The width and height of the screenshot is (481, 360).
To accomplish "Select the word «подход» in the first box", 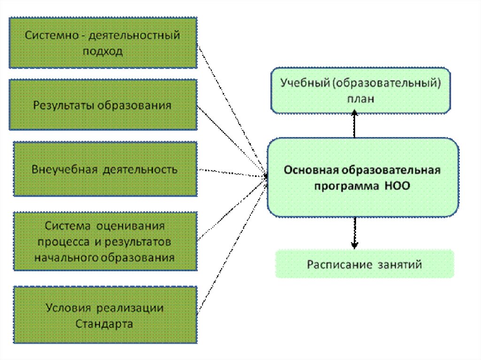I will pyautogui.click(x=103, y=51).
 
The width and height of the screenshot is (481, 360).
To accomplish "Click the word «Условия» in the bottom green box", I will pyautogui.click(x=69, y=308).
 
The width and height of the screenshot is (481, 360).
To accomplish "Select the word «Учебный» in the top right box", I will pyautogui.click(x=302, y=83).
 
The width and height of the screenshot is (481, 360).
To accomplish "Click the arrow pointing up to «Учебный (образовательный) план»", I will pyautogui.click(x=355, y=124).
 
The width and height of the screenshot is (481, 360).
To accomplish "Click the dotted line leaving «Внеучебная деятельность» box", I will pyautogui.click(x=230, y=173).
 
